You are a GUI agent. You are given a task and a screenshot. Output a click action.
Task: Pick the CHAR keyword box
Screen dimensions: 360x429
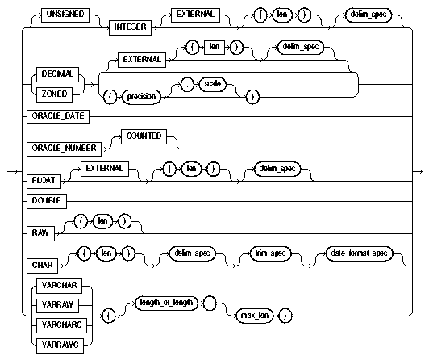51,263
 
